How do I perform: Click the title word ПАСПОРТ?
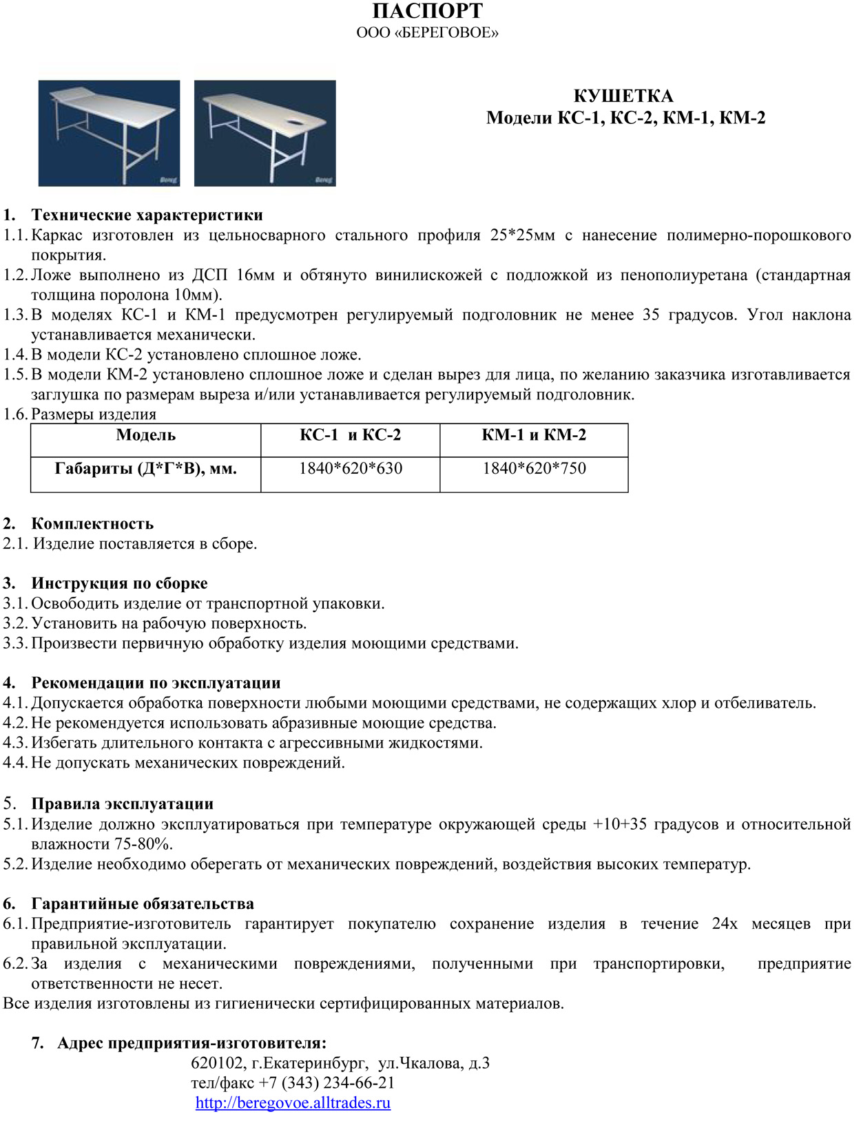coord(427,12)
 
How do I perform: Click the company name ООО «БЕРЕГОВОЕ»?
coord(427,32)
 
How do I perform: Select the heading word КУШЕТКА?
coord(623,96)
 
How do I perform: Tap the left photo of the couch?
coord(109,133)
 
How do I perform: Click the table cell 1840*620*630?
coord(350,469)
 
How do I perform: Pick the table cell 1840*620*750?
coord(534,469)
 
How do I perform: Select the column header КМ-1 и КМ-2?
coord(534,435)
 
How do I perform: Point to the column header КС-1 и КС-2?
coord(350,435)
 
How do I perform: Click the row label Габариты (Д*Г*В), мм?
coord(145,469)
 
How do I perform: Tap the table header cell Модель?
coord(145,435)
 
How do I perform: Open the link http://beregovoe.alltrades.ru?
coord(293,1103)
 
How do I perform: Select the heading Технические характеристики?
coord(147,216)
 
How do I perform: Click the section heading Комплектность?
coord(92,524)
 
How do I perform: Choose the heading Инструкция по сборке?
coord(119,584)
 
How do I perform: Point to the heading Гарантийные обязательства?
coord(143,904)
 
